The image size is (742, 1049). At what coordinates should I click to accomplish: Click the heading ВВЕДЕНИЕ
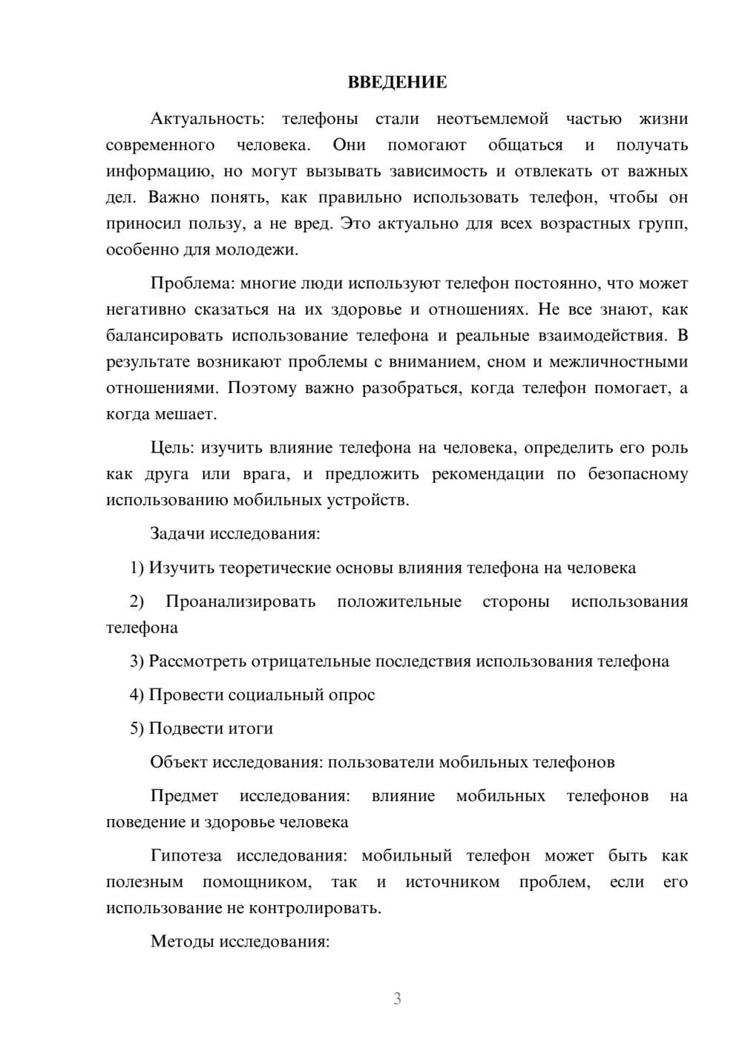[397, 82]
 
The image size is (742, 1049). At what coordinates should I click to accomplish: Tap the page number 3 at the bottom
[397, 999]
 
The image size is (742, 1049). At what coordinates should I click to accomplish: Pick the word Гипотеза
[185, 855]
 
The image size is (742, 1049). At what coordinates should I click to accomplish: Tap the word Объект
[179, 762]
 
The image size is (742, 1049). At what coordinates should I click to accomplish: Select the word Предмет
[184, 796]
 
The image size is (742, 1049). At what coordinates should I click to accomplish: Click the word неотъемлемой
[492, 119]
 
